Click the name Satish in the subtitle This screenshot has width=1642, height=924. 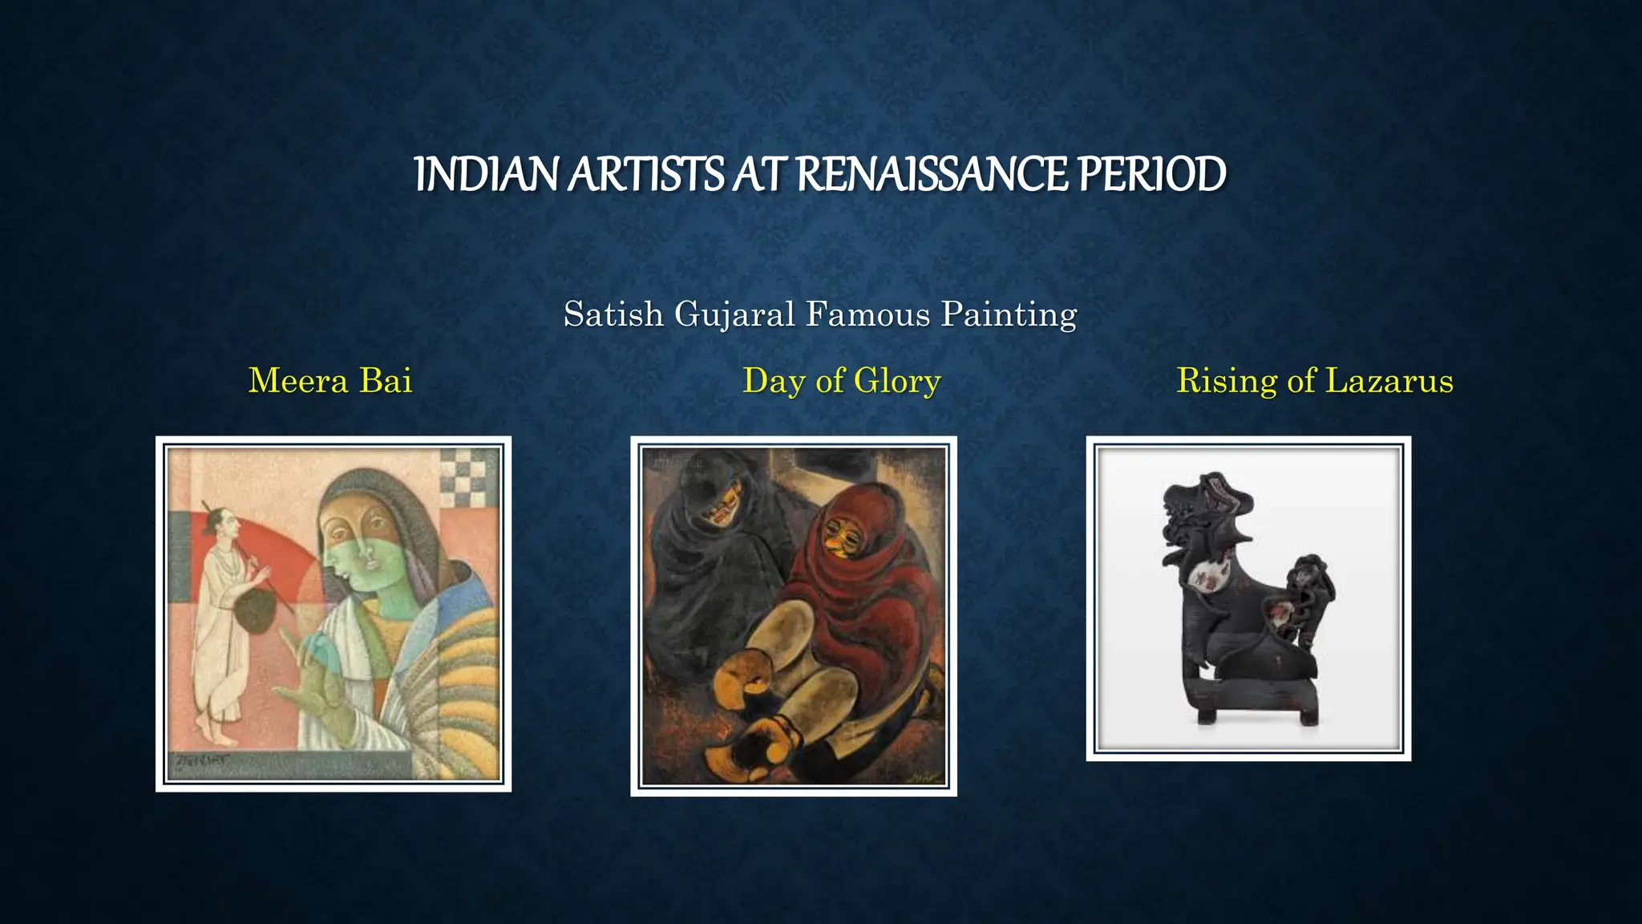tap(613, 314)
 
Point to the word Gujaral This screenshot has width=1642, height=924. tap(734, 314)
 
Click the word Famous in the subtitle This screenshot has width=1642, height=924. tap(868, 314)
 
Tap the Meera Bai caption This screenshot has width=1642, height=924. tap(330, 380)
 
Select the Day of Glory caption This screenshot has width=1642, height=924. tap(841, 380)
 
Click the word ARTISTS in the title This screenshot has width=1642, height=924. tap(646, 174)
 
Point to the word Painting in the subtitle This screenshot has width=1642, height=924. tap(1009, 314)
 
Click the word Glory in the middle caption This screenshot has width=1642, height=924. tap(897, 380)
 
